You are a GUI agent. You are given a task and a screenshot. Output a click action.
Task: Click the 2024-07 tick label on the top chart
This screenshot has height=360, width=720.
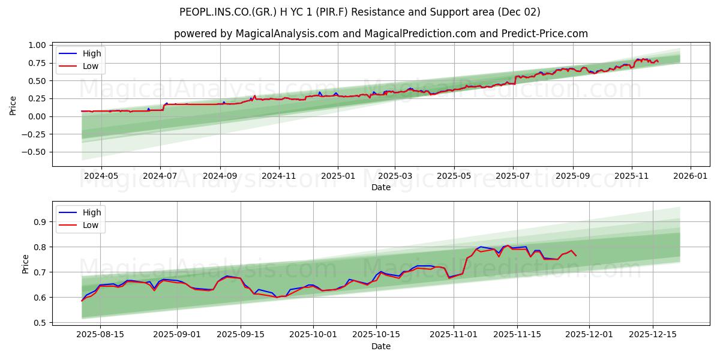(160, 176)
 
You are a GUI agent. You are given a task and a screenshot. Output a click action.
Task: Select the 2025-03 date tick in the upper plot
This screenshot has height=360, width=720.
(395, 176)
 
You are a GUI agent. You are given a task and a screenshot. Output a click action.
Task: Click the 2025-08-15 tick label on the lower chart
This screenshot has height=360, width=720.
(101, 335)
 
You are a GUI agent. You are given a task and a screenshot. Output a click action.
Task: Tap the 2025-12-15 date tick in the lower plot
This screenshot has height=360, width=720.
(652, 335)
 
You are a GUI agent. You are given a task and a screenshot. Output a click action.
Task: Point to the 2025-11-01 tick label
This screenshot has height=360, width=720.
(452, 335)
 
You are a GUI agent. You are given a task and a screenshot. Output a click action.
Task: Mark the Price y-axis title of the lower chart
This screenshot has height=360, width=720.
(25, 264)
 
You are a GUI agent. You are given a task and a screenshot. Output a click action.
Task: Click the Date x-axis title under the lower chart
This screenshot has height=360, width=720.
(380, 346)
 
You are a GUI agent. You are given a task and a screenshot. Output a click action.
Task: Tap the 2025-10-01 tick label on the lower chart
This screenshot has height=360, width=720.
(313, 335)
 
